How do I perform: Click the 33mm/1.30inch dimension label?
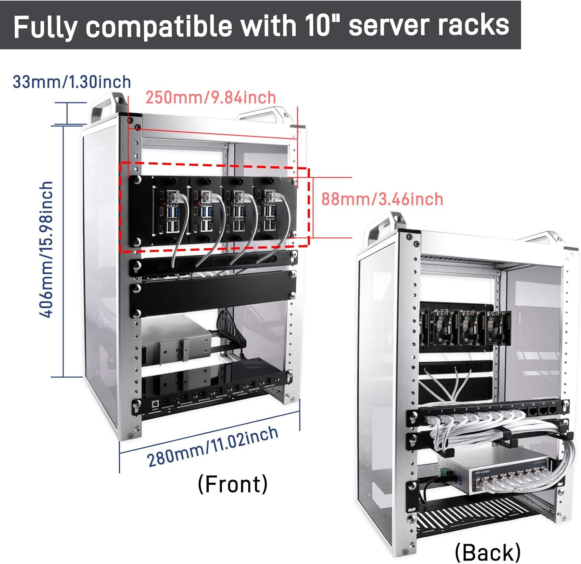point(72,82)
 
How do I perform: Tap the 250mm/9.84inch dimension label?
point(211,97)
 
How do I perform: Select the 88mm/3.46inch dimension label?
point(382,199)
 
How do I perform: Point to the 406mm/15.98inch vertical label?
point(46,250)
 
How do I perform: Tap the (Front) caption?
point(232,484)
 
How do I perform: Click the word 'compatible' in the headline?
point(159,26)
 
